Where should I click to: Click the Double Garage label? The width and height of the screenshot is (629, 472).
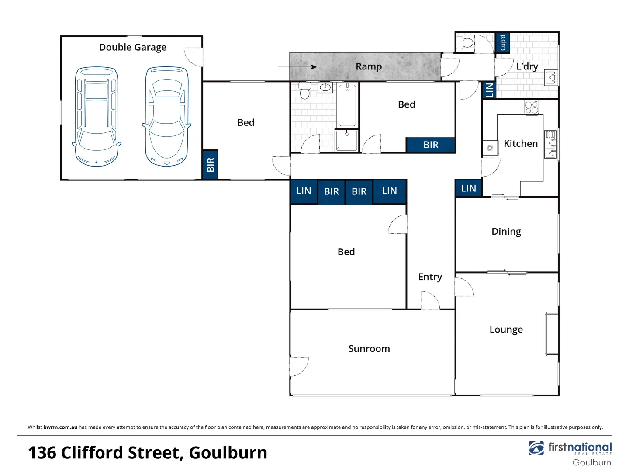tap(133, 47)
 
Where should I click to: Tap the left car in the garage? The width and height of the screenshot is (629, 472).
tap(97, 116)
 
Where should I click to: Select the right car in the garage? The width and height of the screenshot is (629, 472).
tap(166, 116)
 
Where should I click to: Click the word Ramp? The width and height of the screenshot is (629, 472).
tap(369, 66)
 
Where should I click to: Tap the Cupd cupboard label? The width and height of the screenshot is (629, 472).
tap(502, 42)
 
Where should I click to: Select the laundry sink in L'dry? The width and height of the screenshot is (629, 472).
tap(551, 78)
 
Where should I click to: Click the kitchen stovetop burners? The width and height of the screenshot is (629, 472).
tap(532, 107)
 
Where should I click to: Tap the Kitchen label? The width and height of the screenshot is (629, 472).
tap(521, 143)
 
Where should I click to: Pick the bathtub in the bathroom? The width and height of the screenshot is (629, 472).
tap(347, 104)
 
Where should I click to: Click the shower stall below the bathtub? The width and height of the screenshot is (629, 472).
tap(347, 141)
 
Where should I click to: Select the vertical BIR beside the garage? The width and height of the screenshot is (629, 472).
tap(211, 165)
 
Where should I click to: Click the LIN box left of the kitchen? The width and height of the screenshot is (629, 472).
tap(468, 188)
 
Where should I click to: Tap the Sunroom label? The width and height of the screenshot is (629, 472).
tap(369, 348)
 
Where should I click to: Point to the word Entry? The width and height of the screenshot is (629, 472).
tap(430, 277)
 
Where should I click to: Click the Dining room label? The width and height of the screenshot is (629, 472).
tap(506, 232)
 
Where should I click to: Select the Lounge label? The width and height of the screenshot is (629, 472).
tap(506, 330)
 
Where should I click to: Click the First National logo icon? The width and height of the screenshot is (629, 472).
tap(536, 448)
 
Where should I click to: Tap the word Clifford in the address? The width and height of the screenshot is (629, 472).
tap(120, 453)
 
